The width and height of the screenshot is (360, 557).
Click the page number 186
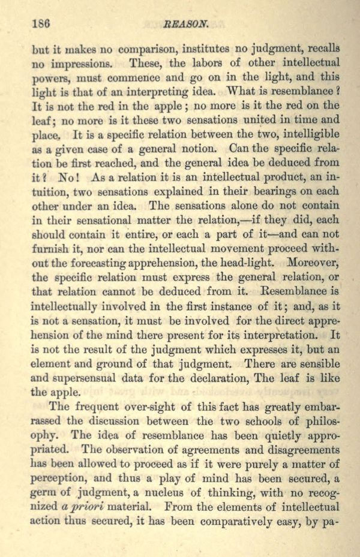pos(39,25)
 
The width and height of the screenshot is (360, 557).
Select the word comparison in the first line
pos(148,49)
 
